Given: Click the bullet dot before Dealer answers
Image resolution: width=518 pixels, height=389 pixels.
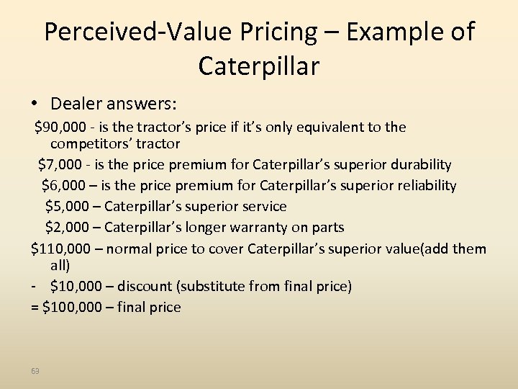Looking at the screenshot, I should click(24, 104).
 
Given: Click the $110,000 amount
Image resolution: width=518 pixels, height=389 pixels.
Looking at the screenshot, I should click(61, 249).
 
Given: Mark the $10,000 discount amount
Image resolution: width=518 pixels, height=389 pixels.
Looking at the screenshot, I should click(76, 286).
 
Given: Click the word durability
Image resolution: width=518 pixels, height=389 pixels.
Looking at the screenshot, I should click(421, 164).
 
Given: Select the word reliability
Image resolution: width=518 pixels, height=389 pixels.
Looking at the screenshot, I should click(427, 185).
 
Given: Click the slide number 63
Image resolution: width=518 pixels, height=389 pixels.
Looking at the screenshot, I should click(35, 371).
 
